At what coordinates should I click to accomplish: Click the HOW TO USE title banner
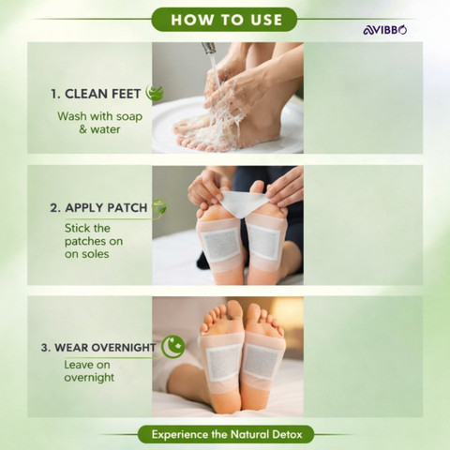click(224, 20)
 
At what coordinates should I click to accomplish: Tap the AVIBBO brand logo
click(385, 30)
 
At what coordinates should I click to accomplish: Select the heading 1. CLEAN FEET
click(96, 94)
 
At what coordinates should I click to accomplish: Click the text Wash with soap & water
click(99, 123)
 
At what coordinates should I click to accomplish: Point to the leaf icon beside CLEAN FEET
click(155, 93)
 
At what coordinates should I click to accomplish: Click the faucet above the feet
click(208, 49)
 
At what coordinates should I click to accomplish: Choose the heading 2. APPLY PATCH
click(98, 208)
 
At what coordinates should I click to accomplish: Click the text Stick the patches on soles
click(94, 241)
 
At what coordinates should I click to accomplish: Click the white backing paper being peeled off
click(241, 203)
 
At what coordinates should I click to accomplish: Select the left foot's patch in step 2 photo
click(220, 245)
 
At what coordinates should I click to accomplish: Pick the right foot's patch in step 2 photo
click(264, 242)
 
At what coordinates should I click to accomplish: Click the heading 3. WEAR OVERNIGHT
click(98, 348)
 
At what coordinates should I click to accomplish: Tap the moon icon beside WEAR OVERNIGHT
click(172, 347)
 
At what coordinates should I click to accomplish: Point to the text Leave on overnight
click(89, 371)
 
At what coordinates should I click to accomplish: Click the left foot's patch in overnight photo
click(223, 363)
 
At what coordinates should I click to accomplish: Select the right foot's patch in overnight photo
click(261, 362)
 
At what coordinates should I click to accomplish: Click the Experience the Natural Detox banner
click(226, 434)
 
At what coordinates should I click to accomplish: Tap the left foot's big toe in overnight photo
click(235, 311)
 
